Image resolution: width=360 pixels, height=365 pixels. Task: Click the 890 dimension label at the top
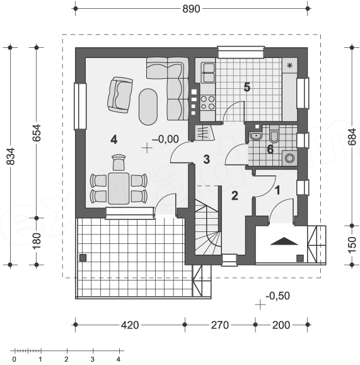click(191, 9)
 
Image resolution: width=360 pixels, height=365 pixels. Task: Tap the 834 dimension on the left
click(11, 156)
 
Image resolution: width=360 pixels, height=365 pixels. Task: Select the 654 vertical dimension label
click(37, 133)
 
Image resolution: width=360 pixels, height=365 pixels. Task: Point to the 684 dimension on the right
click(352, 137)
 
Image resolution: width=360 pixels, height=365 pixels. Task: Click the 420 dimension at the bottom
click(130, 325)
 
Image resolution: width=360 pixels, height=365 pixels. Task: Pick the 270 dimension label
click(220, 325)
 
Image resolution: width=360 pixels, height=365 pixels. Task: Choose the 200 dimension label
click(281, 325)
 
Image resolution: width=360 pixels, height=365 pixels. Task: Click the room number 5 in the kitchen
click(247, 87)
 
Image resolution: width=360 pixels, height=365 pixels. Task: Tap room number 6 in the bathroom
click(270, 149)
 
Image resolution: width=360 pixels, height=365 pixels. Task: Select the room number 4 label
click(114, 140)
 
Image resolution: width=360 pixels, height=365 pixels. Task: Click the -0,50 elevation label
click(277, 296)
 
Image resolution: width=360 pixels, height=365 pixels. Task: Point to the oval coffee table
click(148, 107)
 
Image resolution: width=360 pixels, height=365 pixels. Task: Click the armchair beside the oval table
click(120, 95)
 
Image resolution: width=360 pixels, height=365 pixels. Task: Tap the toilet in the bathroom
click(274, 134)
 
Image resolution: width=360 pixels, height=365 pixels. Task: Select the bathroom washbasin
click(256, 136)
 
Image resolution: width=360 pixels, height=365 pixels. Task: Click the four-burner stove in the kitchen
click(207, 103)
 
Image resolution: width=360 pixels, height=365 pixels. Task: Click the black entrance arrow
click(284, 241)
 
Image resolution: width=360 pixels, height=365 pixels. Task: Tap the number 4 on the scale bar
click(119, 359)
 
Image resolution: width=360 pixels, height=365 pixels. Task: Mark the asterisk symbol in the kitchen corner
click(289, 66)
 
